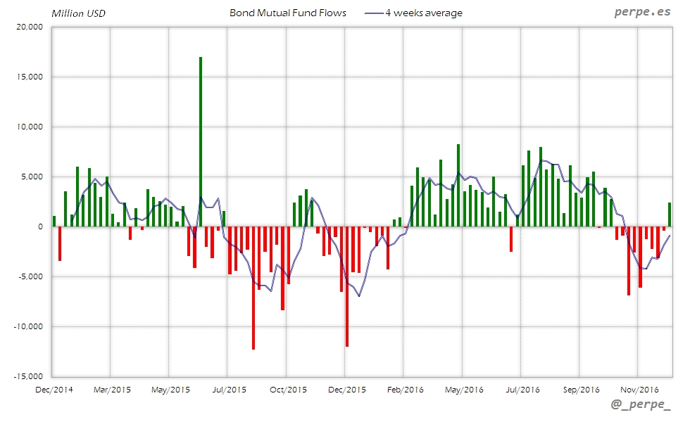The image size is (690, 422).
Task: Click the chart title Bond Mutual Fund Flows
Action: coord(288,13)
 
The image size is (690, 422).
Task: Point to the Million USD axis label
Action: coord(79,13)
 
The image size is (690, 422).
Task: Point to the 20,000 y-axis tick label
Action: coord(29,27)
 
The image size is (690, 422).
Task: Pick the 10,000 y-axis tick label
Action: coord(29,127)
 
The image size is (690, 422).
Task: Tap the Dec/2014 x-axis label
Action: coord(54,389)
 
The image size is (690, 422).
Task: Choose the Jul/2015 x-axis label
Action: coord(227,389)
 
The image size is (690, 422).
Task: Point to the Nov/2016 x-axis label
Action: coord(639,389)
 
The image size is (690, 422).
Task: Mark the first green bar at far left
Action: coord(54,221)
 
